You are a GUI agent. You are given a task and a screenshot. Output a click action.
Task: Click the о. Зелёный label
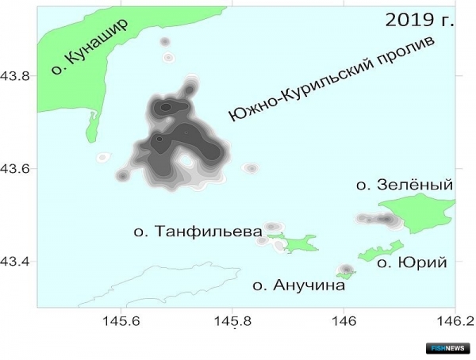click(404, 185)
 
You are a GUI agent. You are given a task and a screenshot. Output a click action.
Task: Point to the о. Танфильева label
click(198, 232)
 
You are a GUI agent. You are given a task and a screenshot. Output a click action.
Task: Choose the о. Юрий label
click(410, 262)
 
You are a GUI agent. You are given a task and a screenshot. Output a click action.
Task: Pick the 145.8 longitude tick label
click(232, 323)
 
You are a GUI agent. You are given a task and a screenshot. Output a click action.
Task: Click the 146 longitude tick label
click(344, 323)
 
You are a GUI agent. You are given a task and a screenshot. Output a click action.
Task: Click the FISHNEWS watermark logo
click(453, 347)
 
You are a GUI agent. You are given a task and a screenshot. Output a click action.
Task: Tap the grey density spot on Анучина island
click(345, 270)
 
